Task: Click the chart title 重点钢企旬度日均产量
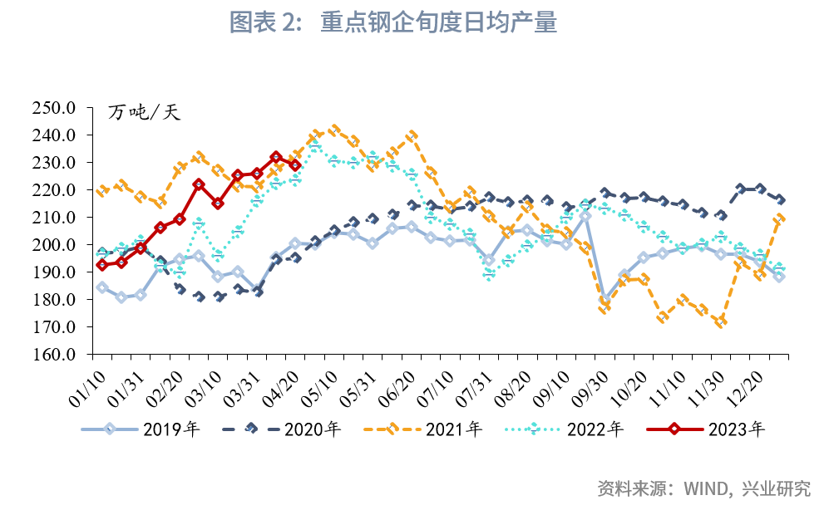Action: [438, 23]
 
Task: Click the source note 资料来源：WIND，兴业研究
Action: [703, 488]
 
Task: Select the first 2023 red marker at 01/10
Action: [102, 265]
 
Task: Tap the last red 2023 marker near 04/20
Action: [295, 164]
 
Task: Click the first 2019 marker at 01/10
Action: [102, 287]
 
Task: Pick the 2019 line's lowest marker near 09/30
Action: [605, 299]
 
